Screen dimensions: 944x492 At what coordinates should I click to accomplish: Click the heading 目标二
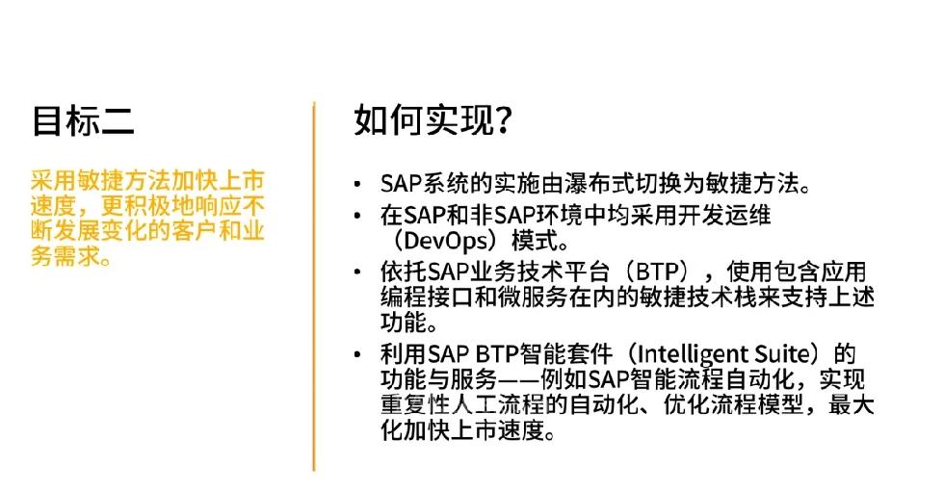83,120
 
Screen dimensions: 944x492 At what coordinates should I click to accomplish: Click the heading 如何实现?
433,119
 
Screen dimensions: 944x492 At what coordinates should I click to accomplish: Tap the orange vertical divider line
314,286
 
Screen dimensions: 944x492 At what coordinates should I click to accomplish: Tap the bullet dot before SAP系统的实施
358,184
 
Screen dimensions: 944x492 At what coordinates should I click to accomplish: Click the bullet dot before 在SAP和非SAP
358,216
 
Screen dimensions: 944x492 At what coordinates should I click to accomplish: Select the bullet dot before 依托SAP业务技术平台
358,272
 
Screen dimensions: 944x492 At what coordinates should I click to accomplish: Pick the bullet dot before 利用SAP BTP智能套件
358,354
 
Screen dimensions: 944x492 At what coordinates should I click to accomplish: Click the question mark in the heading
504,120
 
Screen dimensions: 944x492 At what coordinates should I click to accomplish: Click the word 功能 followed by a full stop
404,323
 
